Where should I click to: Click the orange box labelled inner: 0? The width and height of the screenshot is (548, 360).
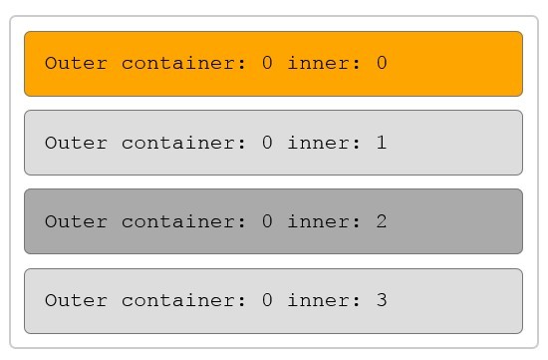[273, 64]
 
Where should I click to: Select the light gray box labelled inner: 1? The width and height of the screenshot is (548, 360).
[273, 143]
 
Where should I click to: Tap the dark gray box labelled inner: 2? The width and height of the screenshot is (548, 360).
[273, 221]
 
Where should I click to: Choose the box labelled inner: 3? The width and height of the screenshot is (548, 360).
[273, 300]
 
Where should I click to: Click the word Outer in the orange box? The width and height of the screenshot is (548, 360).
[76, 64]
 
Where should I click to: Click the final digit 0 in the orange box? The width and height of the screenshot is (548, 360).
[382, 64]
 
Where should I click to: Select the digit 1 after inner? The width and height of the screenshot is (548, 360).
[382, 143]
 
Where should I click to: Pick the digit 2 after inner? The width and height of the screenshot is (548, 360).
[382, 221]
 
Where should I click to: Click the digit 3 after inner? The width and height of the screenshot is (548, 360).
[382, 300]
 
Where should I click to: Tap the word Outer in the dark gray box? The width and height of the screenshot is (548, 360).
[76, 221]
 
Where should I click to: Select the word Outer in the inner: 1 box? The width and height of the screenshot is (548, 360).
[76, 143]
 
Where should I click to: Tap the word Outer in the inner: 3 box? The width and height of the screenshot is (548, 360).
[76, 300]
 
